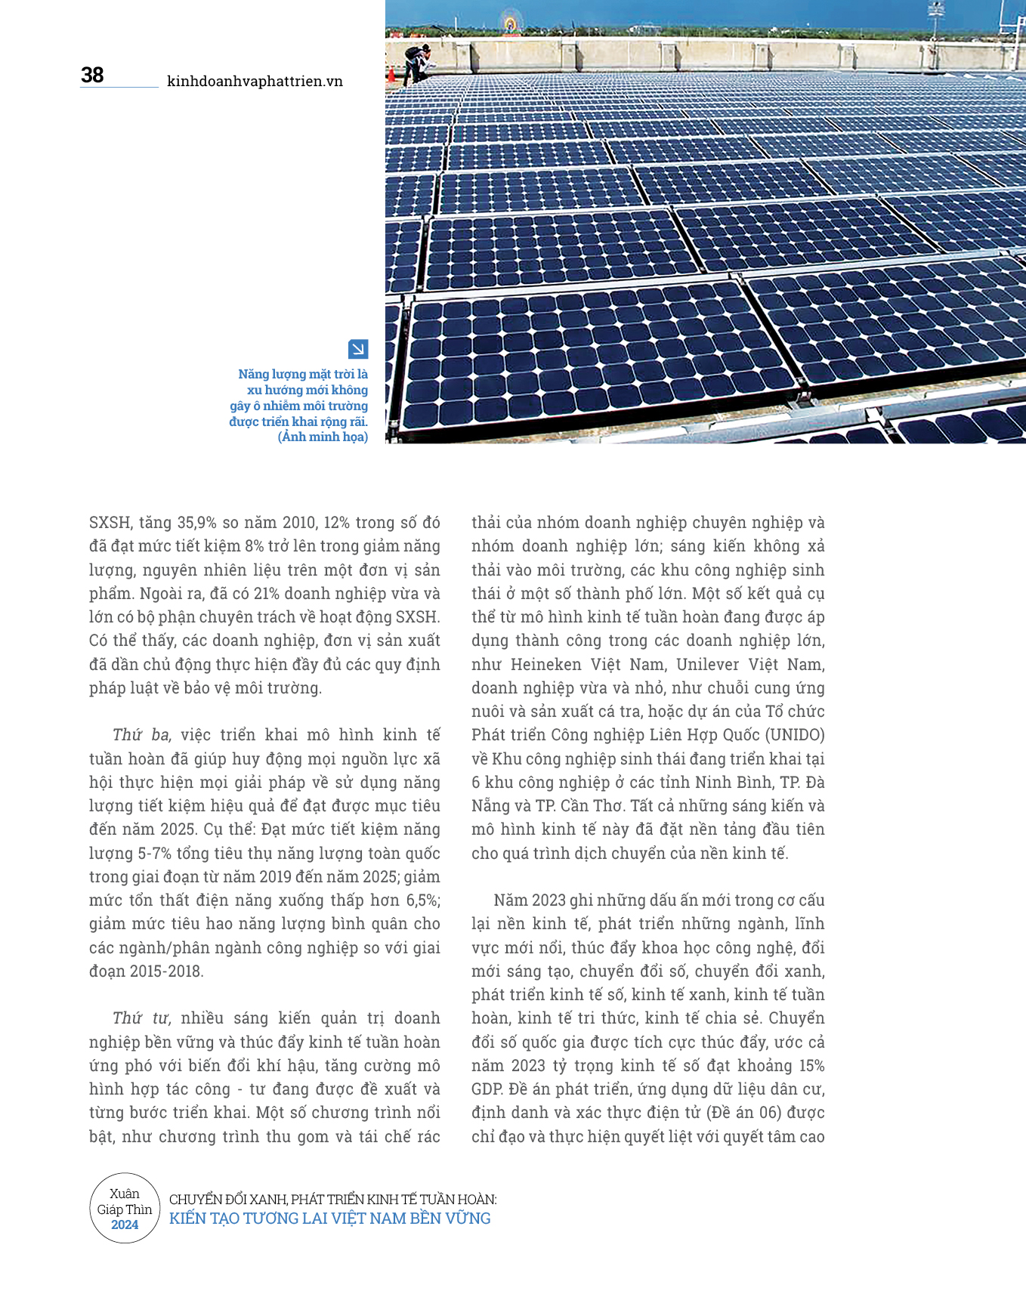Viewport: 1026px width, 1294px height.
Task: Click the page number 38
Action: (92, 75)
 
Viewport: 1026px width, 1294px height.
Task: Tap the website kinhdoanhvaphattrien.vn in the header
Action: (255, 81)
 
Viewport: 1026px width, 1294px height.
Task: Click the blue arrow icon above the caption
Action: (358, 349)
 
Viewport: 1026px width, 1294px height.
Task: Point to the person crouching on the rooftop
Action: (417, 62)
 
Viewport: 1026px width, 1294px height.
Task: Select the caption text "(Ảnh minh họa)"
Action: (323, 437)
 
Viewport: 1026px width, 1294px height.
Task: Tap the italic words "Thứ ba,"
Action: (142, 735)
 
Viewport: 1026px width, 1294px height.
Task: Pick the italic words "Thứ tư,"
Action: (142, 1018)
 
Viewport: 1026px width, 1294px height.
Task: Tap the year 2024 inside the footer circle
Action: (125, 1225)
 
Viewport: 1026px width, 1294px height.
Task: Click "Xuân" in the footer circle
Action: (125, 1194)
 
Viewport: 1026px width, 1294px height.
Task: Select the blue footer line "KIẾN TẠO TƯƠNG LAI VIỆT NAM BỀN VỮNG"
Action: (330, 1218)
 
